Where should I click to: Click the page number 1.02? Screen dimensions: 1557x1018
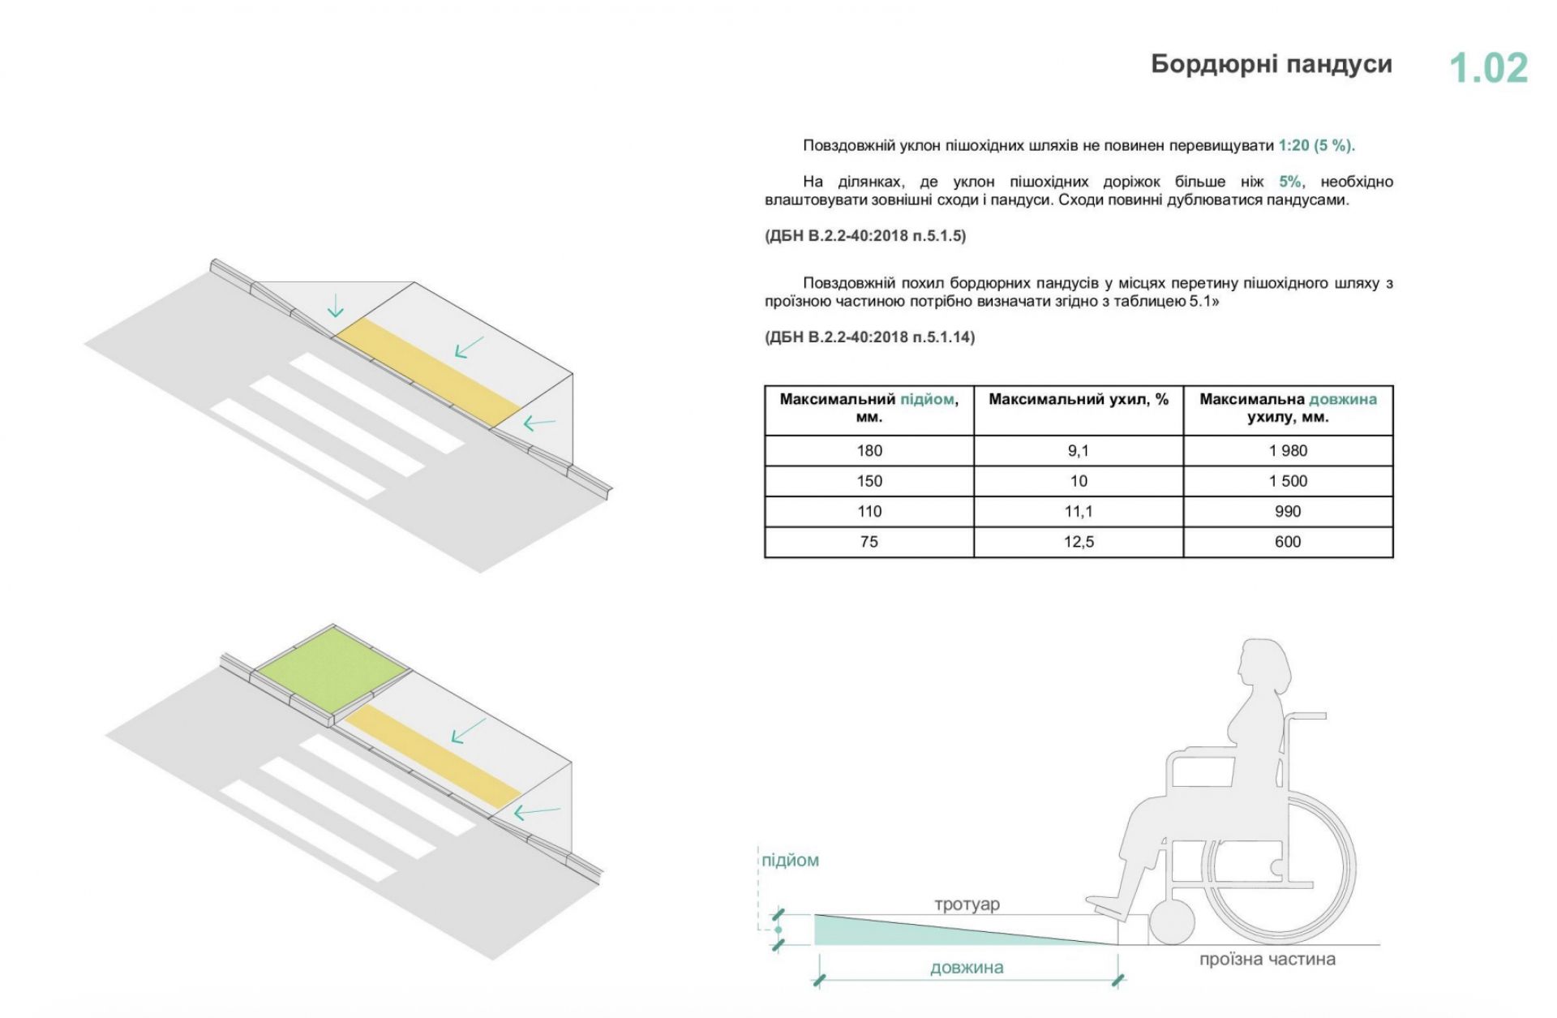point(1488,68)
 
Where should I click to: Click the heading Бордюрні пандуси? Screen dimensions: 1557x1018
point(1272,65)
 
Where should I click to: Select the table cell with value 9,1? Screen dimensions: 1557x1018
point(1079,451)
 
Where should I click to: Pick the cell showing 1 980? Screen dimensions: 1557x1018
point(1288,451)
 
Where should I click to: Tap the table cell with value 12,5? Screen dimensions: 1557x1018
point(1079,542)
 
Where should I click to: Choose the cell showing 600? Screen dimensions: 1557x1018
point(1288,542)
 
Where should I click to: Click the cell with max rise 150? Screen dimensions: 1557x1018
point(869,481)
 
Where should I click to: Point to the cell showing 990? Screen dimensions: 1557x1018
point(1288,511)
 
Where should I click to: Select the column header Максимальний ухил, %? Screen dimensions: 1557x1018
point(1079,400)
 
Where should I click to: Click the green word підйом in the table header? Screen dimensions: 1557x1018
point(927,400)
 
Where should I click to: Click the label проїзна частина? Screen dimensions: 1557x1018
point(1267,960)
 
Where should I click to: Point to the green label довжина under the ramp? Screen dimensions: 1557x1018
point(967,968)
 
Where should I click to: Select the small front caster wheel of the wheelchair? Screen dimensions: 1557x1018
point(1171,923)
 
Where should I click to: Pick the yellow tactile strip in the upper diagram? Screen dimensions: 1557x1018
point(427,371)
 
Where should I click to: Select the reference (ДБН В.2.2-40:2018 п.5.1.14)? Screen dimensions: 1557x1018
point(869,337)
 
